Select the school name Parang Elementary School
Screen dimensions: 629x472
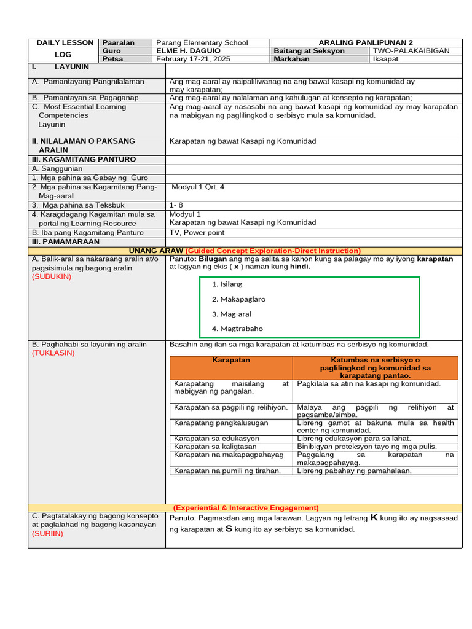202,42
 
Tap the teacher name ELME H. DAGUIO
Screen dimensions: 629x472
189,51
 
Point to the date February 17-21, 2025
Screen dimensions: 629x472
194,60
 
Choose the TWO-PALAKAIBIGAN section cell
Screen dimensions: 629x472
411,51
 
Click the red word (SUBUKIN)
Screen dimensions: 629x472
52,276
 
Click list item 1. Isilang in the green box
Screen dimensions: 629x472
227,284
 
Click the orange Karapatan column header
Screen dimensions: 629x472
231,360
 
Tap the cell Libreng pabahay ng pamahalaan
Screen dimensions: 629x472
354,471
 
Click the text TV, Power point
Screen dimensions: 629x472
197,233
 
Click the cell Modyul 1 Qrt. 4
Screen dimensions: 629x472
198,187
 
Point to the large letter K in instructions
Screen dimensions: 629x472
373,518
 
